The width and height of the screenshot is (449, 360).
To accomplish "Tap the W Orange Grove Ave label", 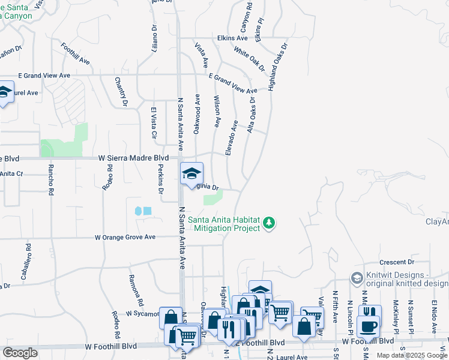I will point(134,238).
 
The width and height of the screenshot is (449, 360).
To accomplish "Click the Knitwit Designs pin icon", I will point(357,278).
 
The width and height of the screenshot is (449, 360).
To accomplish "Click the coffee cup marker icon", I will point(367,326).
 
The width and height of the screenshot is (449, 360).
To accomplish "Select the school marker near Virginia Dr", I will point(192,173).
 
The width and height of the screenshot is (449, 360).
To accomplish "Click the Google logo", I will point(20,353).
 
